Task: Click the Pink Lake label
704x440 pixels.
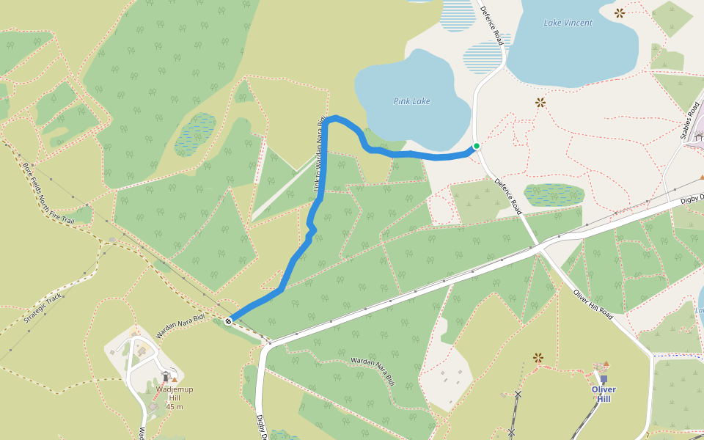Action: [411, 101]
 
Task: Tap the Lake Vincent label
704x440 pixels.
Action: [568, 23]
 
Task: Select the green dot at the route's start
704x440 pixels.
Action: [476, 146]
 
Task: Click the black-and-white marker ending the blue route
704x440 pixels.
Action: [230, 320]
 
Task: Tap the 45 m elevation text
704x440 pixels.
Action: [175, 407]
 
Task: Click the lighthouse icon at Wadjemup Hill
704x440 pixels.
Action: [165, 375]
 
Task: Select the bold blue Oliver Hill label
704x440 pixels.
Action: [604, 394]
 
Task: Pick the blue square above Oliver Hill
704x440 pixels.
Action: [604, 379]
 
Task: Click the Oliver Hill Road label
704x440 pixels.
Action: [593, 302]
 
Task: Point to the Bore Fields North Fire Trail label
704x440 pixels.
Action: [48, 194]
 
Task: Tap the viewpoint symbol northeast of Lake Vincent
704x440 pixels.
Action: [620, 12]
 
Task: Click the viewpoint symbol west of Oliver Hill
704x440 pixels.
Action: [538, 358]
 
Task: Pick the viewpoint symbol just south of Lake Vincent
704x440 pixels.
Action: [540, 103]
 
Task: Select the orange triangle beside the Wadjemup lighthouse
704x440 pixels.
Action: [175, 379]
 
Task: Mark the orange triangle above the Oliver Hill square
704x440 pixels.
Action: [606, 364]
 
